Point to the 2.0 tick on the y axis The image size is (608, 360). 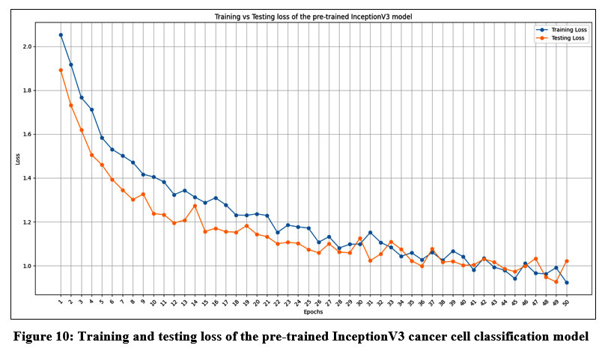pos(49,46)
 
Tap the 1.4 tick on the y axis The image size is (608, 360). pos(49,178)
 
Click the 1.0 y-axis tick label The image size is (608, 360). pos(49,266)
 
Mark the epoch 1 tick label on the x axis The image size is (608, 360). pos(61,302)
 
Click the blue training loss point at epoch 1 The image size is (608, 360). pos(61,35)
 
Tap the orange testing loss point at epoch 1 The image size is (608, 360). pos(61,70)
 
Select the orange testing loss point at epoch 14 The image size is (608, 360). pos(195,206)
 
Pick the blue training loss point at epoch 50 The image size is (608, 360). pos(566,283)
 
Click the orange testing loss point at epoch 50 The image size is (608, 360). pos(567,261)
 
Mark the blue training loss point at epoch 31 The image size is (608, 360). pos(370,233)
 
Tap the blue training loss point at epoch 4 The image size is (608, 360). pos(91,109)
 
